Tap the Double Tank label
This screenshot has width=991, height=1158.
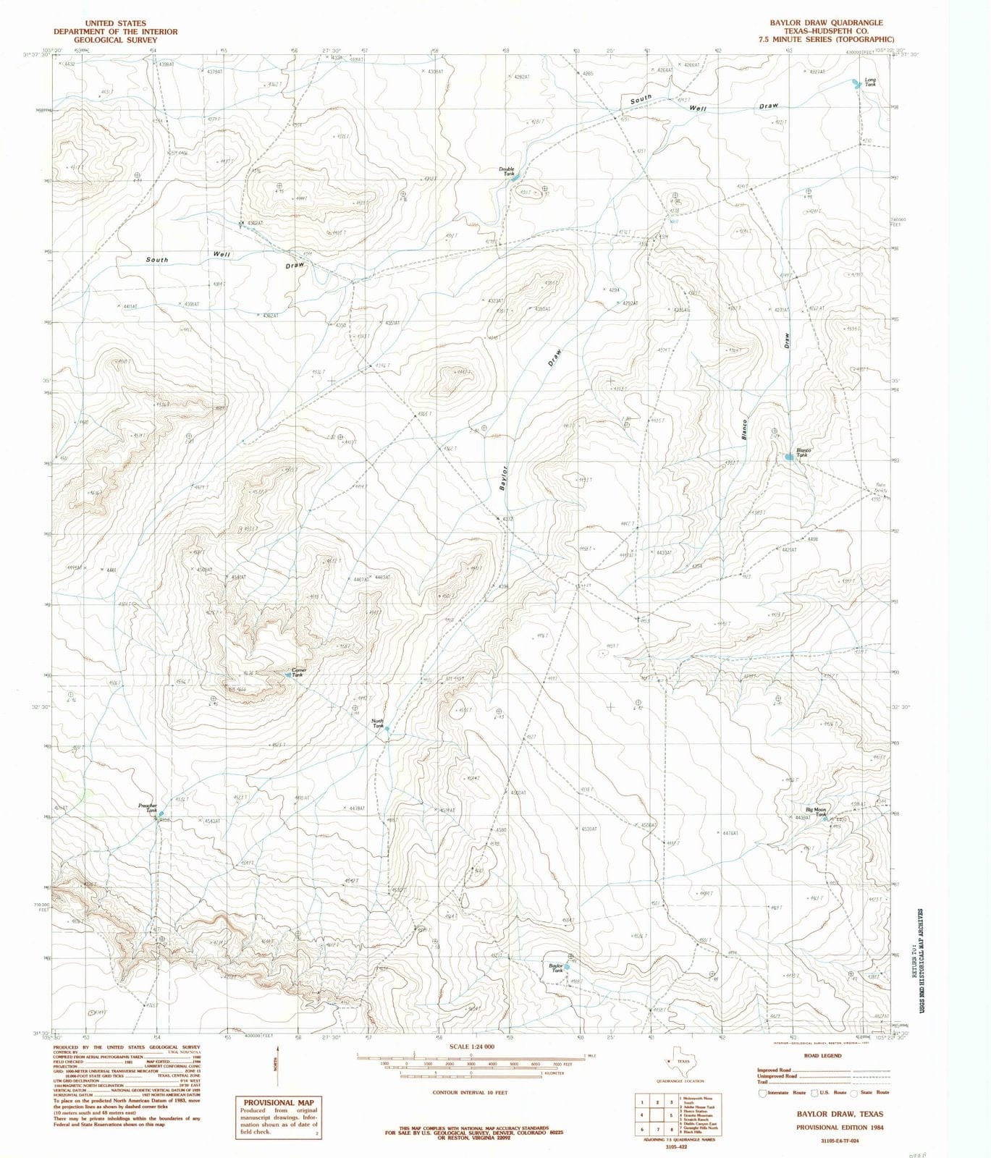point(507,172)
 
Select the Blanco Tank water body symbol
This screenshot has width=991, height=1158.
point(789,457)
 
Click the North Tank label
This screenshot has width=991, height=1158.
point(377,723)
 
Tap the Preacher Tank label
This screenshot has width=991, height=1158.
point(148,808)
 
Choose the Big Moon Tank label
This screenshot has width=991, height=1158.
point(816,812)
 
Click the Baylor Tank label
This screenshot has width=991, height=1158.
point(556,968)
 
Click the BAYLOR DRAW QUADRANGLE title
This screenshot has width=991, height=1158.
point(825,23)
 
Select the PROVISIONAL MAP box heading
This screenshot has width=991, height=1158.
point(278,1102)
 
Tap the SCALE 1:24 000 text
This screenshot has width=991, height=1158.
point(471,1047)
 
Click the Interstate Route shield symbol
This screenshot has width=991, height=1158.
point(762,1093)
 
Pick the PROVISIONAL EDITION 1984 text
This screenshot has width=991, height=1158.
point(840,1128)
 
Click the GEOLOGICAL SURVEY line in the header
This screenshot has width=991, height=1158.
point(115,41)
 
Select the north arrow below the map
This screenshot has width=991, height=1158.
point(275,1061)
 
